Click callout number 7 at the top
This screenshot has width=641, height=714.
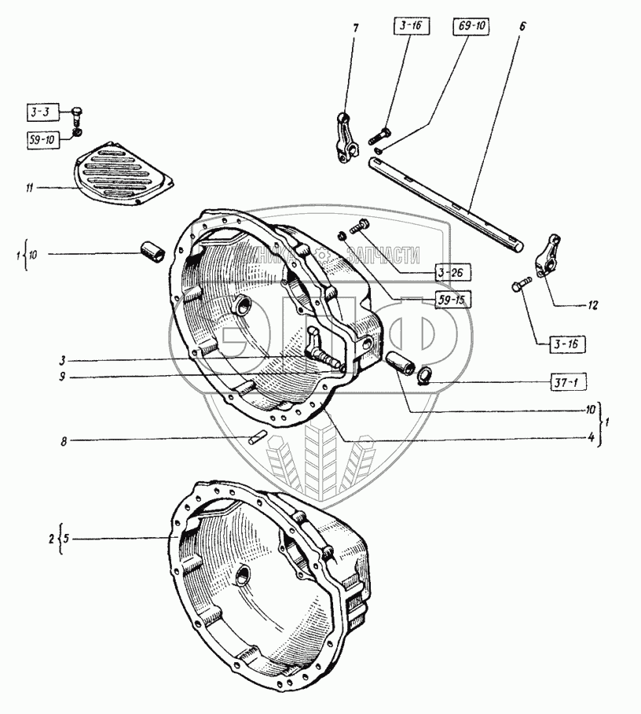click(356, 28)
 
